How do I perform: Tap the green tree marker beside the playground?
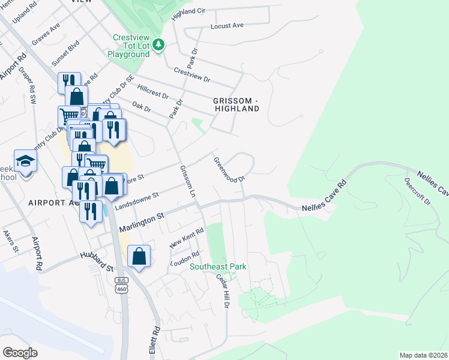pos(158,44)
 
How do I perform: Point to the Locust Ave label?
pos(227,26)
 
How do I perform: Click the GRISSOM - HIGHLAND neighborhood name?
pos(237,104)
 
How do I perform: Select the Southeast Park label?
pos(218,266)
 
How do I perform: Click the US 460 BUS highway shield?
pos(122,285)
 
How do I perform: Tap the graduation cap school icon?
pos(26,161)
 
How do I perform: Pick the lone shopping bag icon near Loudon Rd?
pos(139,256)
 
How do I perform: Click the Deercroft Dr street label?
pos(417,191)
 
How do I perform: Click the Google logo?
pos(20,352)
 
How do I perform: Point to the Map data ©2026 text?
pos(423,355)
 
